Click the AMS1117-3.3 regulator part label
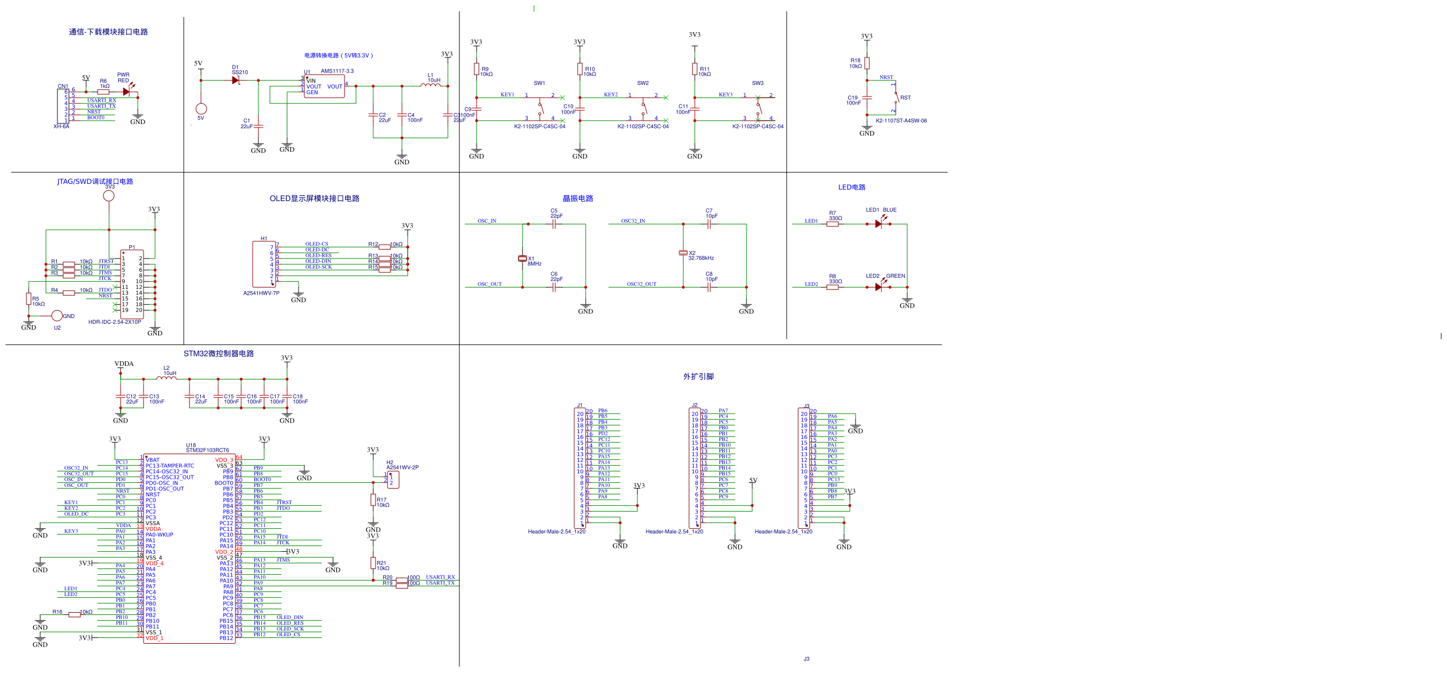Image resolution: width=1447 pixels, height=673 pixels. tap(337, 71)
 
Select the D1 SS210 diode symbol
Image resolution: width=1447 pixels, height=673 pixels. tap(235, 80)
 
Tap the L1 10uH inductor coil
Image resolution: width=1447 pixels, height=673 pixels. tap(431, 85)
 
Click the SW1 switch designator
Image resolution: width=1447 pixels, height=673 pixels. tap(539, 83)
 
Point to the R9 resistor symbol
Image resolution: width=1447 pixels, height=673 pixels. tap(477, 69)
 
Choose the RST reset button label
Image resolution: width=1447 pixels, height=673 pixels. tap(906, 98)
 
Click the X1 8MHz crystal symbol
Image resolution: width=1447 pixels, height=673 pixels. tap(523, 258)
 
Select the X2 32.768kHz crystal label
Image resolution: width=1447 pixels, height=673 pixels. tap(701, 256)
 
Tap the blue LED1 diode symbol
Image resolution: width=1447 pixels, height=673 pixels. tap(879, 224)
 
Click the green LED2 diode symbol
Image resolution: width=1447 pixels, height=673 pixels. tap(879, 287)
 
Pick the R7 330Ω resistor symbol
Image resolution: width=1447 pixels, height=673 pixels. tap(833, 224)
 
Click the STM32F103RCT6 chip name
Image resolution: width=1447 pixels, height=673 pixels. tap(207, 450)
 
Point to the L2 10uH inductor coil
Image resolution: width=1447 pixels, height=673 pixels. tap(167, 378)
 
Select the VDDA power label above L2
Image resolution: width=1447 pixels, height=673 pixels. tap(124, 363)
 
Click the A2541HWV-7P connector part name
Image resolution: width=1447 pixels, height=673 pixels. tap(261, 293)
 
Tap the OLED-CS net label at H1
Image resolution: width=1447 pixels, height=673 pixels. tap(317, 244)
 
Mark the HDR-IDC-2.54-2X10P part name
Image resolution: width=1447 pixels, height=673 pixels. tap(114, 322)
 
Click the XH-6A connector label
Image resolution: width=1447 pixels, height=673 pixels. tap(61, 126)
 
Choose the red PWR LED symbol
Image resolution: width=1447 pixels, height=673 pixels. tap(127, 91)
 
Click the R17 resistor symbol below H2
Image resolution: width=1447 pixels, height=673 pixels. tap(373, 500)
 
